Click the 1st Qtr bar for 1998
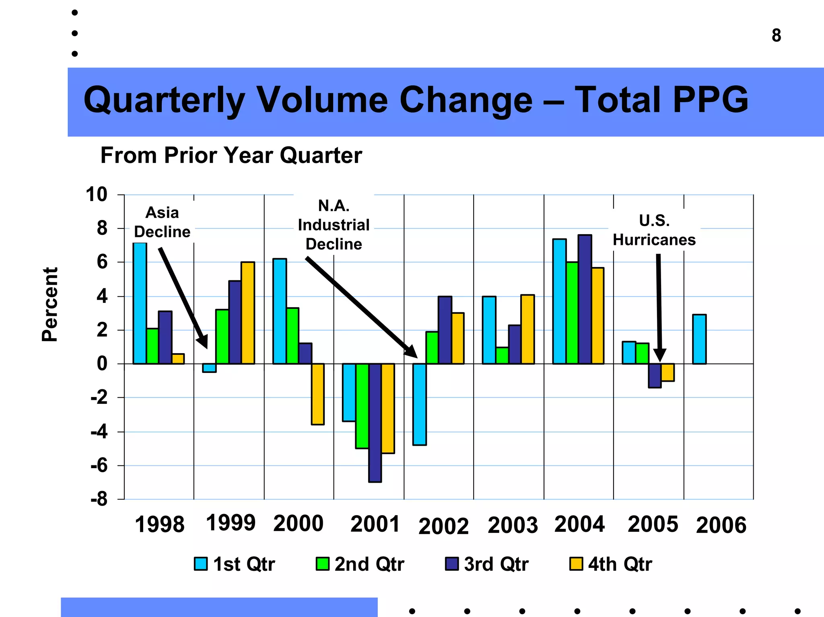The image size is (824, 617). tap(140, 303)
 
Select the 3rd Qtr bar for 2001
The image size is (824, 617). tap(375, 422)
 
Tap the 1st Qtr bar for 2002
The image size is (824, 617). tap(420, 404)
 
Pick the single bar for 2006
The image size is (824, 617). tap(699, 339)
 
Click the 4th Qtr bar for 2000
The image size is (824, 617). tap(317, 394)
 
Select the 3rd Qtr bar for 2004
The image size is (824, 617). tap(585, 299)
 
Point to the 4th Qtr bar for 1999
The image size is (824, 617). tap(248, 313)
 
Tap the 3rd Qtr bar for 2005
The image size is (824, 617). tap(655, 376)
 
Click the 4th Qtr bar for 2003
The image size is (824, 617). tap(527, 329)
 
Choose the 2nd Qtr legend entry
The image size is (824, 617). tap(360, 564)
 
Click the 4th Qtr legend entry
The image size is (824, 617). tap(611, 564)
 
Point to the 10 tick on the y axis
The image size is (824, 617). tap(97, 194)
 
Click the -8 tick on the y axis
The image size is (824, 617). tap(99, 499)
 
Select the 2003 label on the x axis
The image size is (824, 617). tap(513, 525)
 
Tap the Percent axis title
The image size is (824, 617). tap(50, 304)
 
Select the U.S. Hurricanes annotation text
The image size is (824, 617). tap(654, 230)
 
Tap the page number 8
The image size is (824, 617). tap(776, 35)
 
